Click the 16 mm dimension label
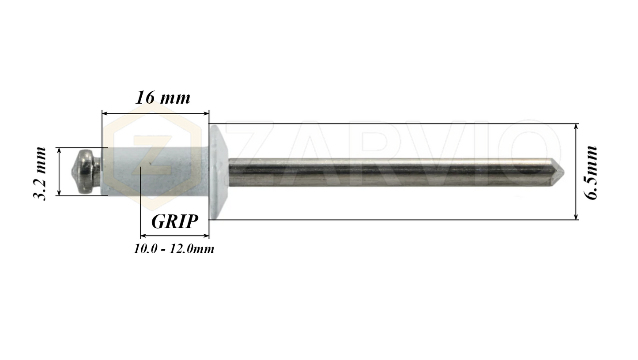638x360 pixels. coord(163,98)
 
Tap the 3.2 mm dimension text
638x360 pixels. coord(40,173)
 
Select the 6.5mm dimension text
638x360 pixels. coord(592,172)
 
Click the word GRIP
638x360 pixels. coord(174,221)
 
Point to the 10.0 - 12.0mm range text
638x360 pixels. coord(174,249)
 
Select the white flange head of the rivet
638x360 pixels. coord(218,172)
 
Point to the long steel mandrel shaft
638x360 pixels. coord(389,172)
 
